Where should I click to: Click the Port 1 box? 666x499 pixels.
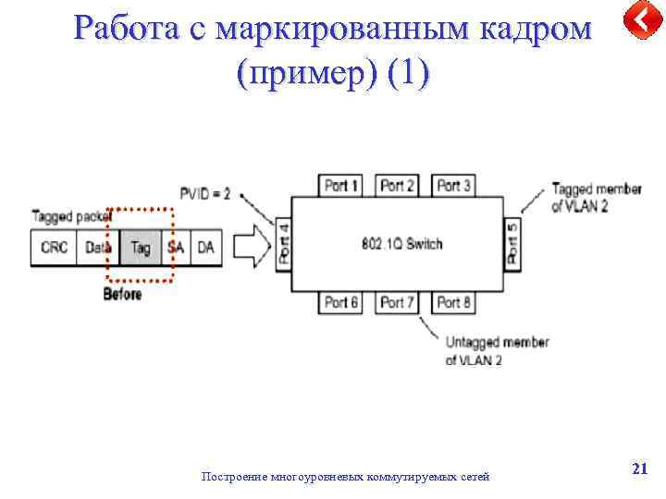[341, 186]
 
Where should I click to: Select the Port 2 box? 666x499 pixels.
[398, 186]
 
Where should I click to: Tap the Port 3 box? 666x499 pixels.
[453, 186]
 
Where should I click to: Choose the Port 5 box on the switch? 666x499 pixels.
[512, 243]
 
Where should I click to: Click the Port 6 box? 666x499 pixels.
[341, 302]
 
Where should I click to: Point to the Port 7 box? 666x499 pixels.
[398, 302]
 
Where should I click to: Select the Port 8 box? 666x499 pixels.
[453, 302]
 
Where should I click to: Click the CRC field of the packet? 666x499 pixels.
[55, 248]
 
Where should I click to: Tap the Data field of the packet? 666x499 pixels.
[98, 248]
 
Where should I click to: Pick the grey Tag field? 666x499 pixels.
[141, 248]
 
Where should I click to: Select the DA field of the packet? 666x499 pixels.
[205, 248]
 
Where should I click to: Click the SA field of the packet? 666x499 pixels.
[176, 248]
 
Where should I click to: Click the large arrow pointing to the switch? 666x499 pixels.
[249, 247]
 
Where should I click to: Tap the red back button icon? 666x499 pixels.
[640, 20]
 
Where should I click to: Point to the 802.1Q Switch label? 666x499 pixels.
[401, 244]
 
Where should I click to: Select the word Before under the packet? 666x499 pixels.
[123, 294]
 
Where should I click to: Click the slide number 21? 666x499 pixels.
[638, 469]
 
